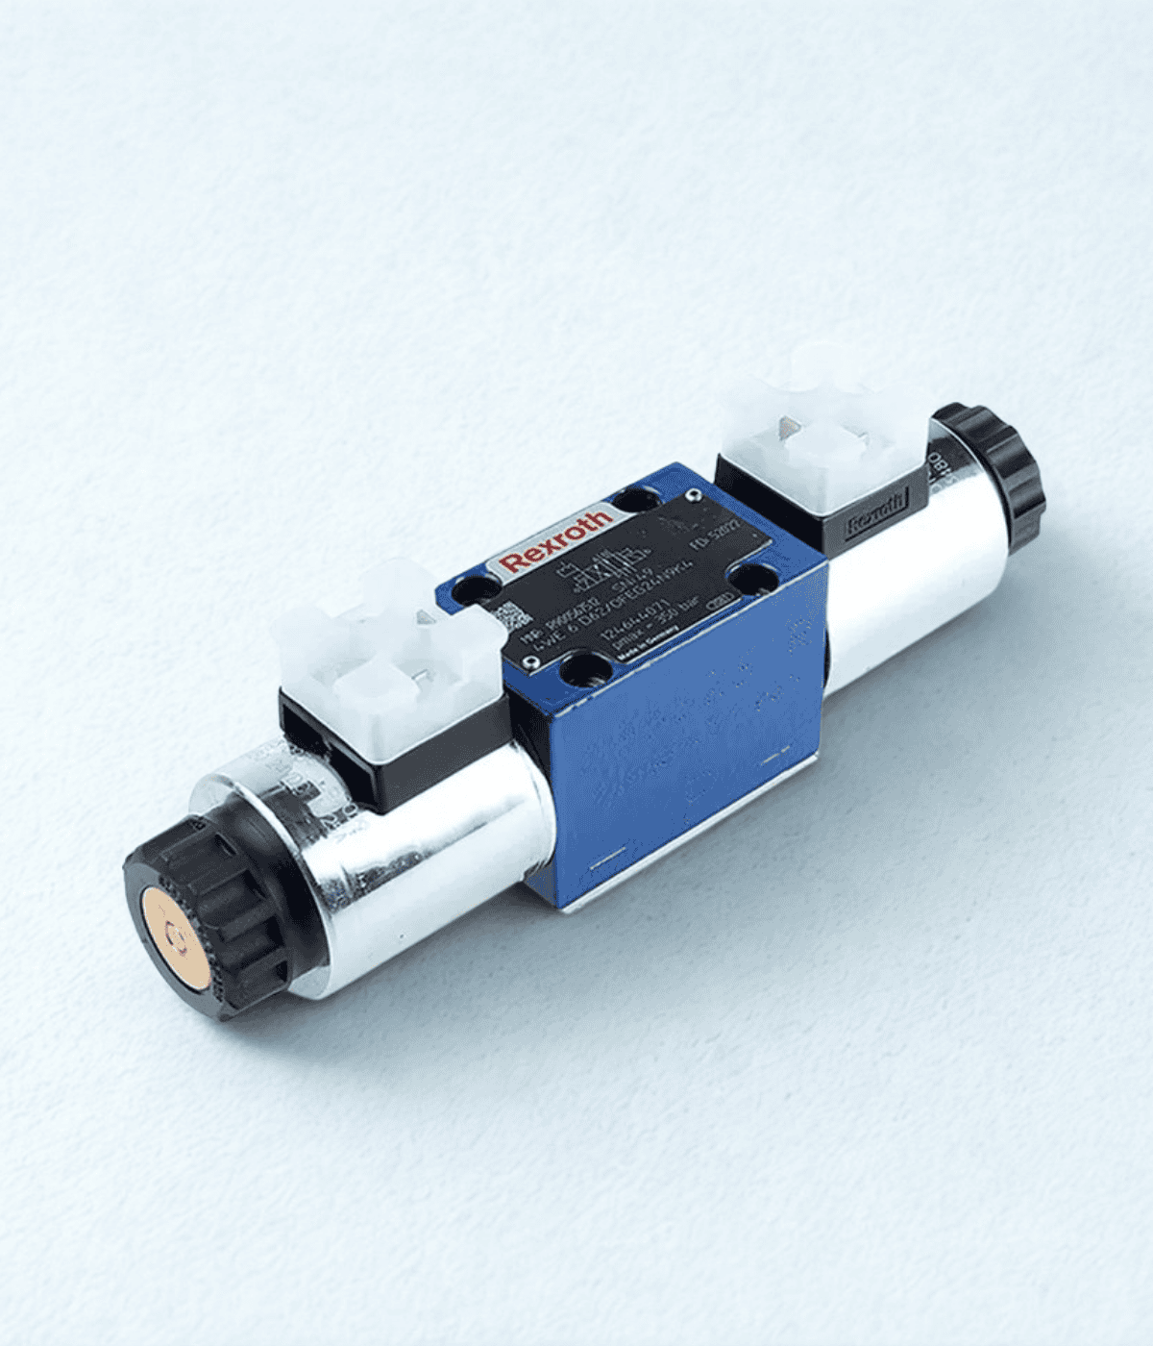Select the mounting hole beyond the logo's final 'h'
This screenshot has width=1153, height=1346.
(x=634, y=500)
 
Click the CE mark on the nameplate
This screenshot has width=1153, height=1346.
(x=719, y=601)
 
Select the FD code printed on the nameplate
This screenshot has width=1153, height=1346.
(x=717, y=535)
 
